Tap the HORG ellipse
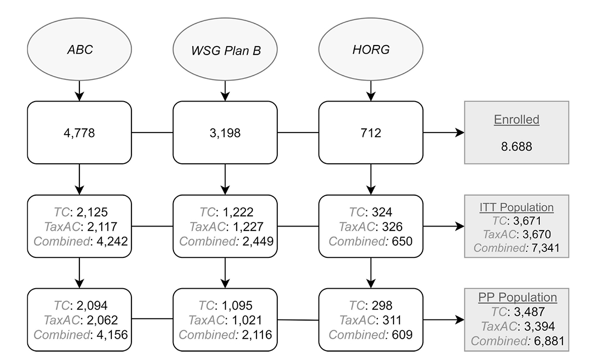pyautogui.click(x=371, y=51)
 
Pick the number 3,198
pyautogui.click(x=225, y=133)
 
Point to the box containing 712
pyautogui.click(x=371, y=133)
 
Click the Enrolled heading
pyautogui.click(x=517, y=120)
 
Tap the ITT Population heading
pyautogui.click(x=517, y=207)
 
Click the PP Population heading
pyautogui.click(x=517, y=297)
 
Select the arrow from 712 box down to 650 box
pyautogui.click(x=371, y=179)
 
